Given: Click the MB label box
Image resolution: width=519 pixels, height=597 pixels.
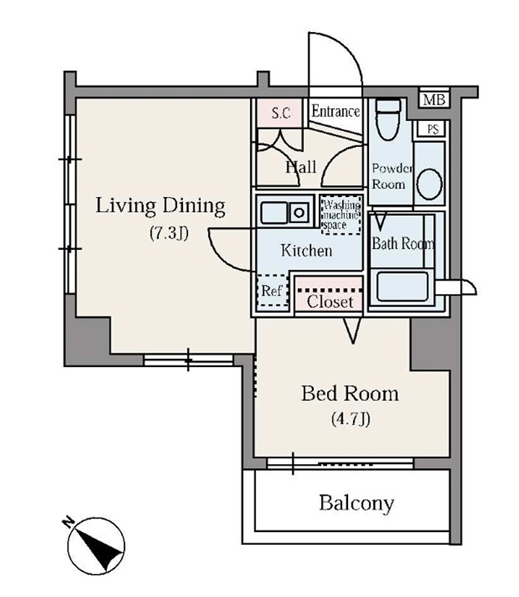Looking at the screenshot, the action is [434, 100].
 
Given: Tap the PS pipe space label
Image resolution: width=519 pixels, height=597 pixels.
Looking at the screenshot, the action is [432, 129].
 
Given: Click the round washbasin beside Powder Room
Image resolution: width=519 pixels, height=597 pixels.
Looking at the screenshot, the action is [429, 184].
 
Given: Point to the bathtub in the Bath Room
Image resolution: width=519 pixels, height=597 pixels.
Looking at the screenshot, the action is [402, 287].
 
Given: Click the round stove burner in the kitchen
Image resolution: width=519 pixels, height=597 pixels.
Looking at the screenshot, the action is [299, 213].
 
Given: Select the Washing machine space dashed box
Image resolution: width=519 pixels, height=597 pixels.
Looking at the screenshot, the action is [341, 215].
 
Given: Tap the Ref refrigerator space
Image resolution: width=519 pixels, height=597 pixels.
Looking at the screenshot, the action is [273, 290].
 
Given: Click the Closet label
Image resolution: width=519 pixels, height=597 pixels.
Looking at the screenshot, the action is [330, 302].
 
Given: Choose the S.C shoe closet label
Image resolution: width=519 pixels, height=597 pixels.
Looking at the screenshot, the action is [281, 113].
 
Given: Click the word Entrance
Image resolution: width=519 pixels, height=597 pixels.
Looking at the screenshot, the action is [335, 111].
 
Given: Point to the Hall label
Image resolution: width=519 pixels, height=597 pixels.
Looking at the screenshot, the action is [301, 167].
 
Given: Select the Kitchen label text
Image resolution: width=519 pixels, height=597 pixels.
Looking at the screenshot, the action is [306, 251].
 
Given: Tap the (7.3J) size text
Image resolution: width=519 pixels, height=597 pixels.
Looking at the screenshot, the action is [170, 233].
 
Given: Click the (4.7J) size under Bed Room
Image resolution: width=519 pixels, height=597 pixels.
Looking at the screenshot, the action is [350, 419].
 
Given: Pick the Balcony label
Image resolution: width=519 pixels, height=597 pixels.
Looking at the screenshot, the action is [356, 503].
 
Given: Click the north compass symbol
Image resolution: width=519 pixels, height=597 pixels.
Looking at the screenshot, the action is [96, 546].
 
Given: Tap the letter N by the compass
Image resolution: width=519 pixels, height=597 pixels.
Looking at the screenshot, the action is [68, 522].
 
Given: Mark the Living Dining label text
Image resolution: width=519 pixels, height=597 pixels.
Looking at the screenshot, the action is [160, 206].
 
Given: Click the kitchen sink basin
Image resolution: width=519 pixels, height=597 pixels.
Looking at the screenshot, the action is [273, 213].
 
